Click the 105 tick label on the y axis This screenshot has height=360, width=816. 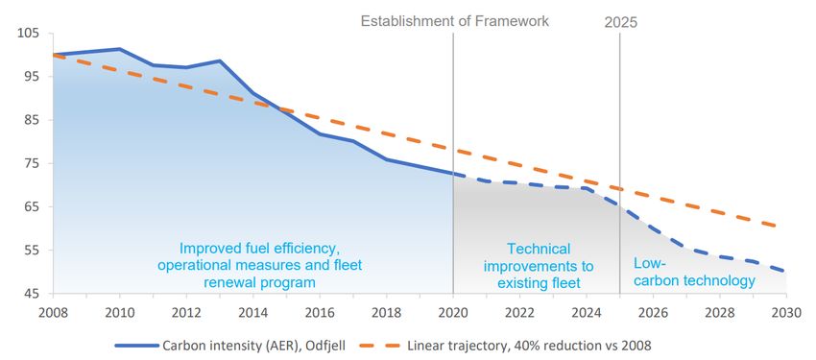point(29,34)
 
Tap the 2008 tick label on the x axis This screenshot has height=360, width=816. point(53,313)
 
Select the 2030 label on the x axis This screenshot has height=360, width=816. point(786,313)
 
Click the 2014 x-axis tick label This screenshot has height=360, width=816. point(252,313)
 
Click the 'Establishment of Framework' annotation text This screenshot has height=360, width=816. point(455,21)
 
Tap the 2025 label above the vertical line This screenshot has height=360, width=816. point(620,23)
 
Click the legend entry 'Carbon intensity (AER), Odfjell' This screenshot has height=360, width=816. point(229,345)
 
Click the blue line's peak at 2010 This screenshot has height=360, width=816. point(119,49)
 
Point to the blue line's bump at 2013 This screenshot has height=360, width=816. point(220,60)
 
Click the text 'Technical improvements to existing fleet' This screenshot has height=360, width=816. point(539,266)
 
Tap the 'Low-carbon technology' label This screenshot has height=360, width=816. point(694,272)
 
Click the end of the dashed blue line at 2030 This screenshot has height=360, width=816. point(785,271)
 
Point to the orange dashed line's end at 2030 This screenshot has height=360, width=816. point(778,227)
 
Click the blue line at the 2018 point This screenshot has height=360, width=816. point(386,159)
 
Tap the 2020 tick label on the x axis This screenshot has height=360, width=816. point(453,313)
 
